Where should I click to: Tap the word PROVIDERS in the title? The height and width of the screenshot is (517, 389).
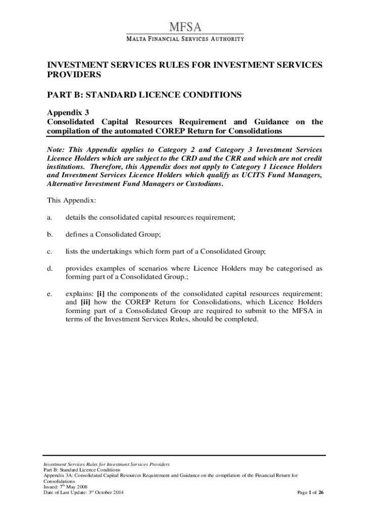[x=74, y=75]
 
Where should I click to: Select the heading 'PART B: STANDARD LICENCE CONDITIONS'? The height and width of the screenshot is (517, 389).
[x=144, y=95]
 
